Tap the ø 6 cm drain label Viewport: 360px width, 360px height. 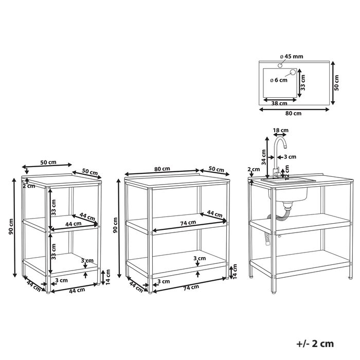[278, 80]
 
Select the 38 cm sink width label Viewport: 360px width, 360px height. [279, 103]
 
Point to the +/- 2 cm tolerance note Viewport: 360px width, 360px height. [315, 344]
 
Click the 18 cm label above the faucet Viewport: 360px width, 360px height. [280, 131]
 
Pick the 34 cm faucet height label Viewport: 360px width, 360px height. [264, 153]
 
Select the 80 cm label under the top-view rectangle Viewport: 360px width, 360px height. [293, 113]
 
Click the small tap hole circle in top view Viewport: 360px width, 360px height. [280, 66]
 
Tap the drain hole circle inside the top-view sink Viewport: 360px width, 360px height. [293, 73]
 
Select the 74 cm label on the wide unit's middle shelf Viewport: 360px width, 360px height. [188, 223]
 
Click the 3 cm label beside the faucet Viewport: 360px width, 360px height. [290, 156]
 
